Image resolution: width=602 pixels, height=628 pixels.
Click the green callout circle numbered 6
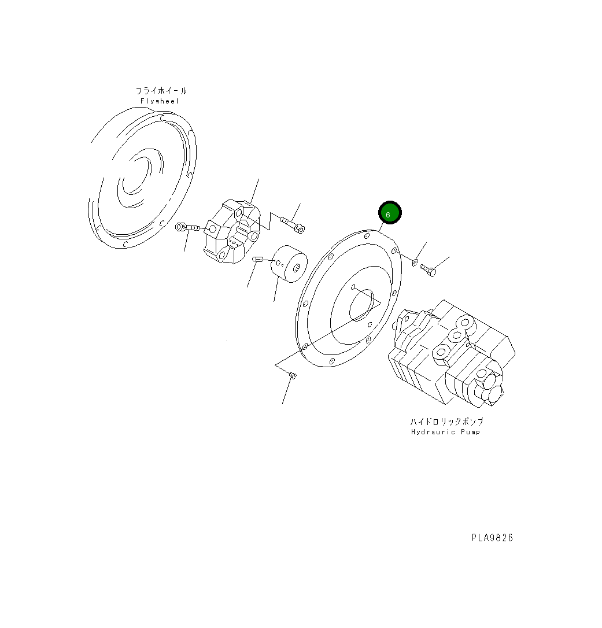389,213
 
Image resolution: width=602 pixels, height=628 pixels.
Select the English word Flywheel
160,101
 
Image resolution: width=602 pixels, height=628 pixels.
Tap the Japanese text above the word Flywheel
161,91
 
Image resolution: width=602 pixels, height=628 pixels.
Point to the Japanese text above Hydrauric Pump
446,422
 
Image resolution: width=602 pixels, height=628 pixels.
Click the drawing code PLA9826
492,538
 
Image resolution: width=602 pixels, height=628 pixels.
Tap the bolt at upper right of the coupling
292,224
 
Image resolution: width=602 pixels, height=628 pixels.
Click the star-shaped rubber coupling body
231,232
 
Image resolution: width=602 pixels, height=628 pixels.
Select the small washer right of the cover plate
415,264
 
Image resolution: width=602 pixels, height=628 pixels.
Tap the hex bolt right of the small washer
428,269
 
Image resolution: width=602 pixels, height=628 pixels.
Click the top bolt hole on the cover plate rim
367,236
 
